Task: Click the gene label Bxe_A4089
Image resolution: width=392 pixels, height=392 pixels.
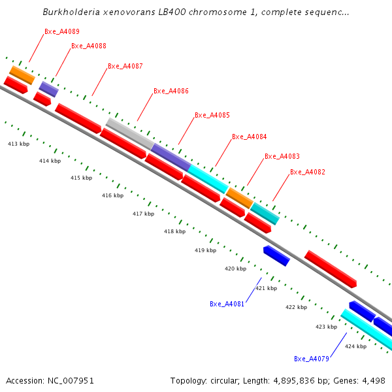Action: pyautogui.click(x=62, y=31)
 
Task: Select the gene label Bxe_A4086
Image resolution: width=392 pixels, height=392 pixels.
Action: pyautogui.click(x=171, y=91)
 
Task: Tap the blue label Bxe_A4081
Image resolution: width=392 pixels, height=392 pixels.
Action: pyautogui.click(x=227, y=304)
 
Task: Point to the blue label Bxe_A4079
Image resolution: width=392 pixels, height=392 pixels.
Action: pyautogui.click(x=312, y=359)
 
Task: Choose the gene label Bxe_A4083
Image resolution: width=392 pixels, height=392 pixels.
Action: pyautogui.click(x=282, y=157)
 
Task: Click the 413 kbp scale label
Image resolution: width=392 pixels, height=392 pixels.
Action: pyautogui.click(x=18, y=144)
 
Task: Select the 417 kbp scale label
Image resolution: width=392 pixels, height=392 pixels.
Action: pyautogui.click(x=144, y=214)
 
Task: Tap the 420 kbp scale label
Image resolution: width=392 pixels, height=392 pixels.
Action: pyautogui.click(x=235, y=269)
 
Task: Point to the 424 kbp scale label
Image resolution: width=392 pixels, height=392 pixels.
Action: pyautogui.click(x=356, y=346)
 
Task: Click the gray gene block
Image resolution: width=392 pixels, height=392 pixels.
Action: pyautogui.click(x=130, y=134)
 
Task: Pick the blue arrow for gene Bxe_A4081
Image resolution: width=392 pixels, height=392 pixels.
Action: pyautogui.click(x=276, y=255)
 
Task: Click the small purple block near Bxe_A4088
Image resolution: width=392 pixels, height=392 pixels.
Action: pyautogui.click(x=49, y=90)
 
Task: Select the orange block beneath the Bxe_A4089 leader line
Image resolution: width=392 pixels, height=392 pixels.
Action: pyautogui.click(x=22, y=75)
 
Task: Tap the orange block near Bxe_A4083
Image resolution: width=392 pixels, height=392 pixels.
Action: pyautogui.click(x=240, y=198)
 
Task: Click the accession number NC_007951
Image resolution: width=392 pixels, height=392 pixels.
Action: pyautogui.click(x=71, y=381)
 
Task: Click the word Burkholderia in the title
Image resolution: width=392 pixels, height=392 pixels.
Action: pyautogui.click(x=71, y=12)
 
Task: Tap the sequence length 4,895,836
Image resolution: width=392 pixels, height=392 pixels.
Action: pyautogui.click(x=293, y=381)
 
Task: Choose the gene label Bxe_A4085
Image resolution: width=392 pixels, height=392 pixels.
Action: pyautogui.click(x=212, y=115)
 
